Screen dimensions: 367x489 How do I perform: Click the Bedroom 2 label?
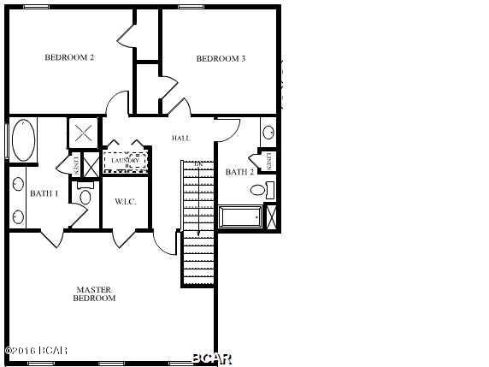pos(69,58)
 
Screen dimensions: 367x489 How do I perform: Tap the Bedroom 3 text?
pos(221,59)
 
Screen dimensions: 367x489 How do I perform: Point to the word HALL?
pos(180,138)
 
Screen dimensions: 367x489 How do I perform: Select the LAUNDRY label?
pos(126,160)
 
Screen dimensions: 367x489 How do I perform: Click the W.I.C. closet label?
pos(126,202)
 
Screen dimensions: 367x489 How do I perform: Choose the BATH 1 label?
pos(44,193)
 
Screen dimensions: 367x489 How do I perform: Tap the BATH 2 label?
pos(239,172)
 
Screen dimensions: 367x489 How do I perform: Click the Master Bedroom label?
pos(94,294)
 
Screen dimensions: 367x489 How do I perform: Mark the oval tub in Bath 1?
pos(22,139)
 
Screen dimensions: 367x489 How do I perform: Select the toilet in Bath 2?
pos(270,189)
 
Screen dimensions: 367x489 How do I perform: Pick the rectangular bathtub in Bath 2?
pos(240,217)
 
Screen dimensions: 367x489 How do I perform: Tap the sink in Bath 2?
pos(268,133)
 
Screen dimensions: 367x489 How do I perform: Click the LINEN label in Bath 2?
pos(268,161)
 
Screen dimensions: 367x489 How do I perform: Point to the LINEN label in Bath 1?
pos(75,164)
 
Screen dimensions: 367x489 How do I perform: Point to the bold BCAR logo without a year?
pos(211,357)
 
